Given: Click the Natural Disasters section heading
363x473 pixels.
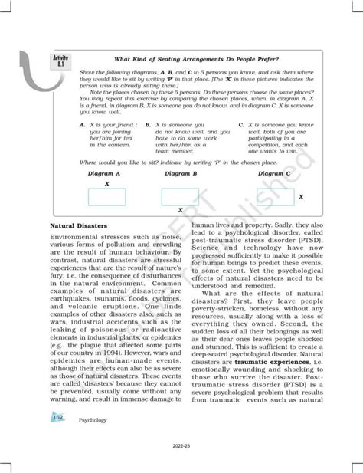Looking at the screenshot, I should click(77, 226).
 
